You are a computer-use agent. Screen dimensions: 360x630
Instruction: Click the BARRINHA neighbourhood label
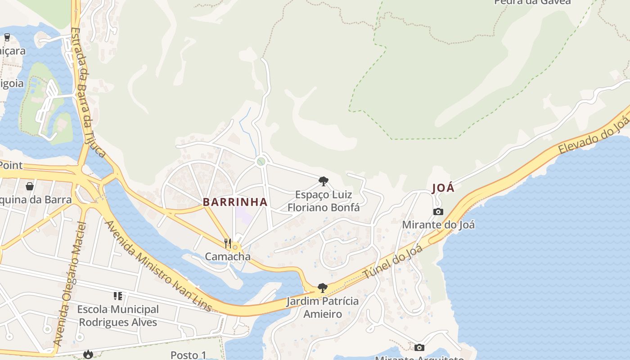(235, 202)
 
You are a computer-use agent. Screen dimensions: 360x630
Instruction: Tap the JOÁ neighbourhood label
(443, 188)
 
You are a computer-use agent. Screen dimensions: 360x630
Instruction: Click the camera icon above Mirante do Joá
(438, 211)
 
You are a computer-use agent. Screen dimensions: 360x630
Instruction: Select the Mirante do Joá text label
(438, 225)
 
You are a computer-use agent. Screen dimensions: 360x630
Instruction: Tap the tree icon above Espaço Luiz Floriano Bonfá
(323, 181)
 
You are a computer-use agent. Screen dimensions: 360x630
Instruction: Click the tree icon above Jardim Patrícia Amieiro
(322, 288)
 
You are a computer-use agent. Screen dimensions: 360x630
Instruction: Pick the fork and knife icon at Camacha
(228, 243)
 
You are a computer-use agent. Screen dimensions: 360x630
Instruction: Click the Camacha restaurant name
(227, 257)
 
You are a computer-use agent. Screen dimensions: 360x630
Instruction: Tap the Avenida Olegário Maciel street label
(69, 283)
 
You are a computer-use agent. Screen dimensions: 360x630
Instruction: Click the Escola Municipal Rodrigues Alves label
(118, 316)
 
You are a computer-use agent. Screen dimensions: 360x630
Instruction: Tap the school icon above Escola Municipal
(118, 296)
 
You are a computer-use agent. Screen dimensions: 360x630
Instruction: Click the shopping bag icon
(30, 186)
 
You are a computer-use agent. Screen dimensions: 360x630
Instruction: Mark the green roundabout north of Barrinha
(261, 161)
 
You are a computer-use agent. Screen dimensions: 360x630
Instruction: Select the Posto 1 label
(188, 355)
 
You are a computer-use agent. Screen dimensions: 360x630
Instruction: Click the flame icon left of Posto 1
(88, 355)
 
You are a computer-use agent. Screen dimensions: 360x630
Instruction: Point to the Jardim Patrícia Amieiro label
(322, 307)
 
